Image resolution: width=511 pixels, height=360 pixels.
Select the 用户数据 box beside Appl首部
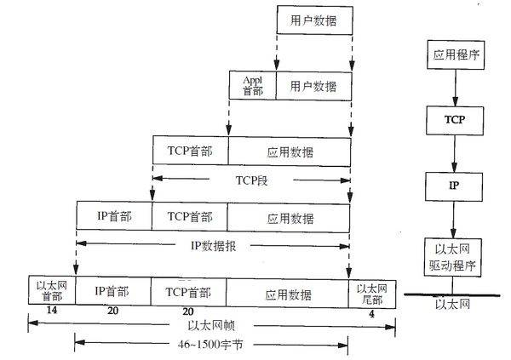(313, 87)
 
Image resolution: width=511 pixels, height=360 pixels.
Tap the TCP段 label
(251, 181)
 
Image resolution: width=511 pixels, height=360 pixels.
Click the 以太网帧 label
(212, 325)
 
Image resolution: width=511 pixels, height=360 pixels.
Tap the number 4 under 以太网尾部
(370, 312)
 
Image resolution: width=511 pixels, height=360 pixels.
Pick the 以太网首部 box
(51, 290)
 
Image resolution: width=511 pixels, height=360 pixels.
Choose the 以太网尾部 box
(371, 290)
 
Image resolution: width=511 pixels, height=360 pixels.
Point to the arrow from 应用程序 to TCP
(453, 88)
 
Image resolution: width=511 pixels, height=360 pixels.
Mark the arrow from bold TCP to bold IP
(455, 153)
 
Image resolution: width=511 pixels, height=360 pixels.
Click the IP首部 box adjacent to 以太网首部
(112, 290)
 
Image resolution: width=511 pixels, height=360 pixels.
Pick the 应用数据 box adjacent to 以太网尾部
(289, 290)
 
